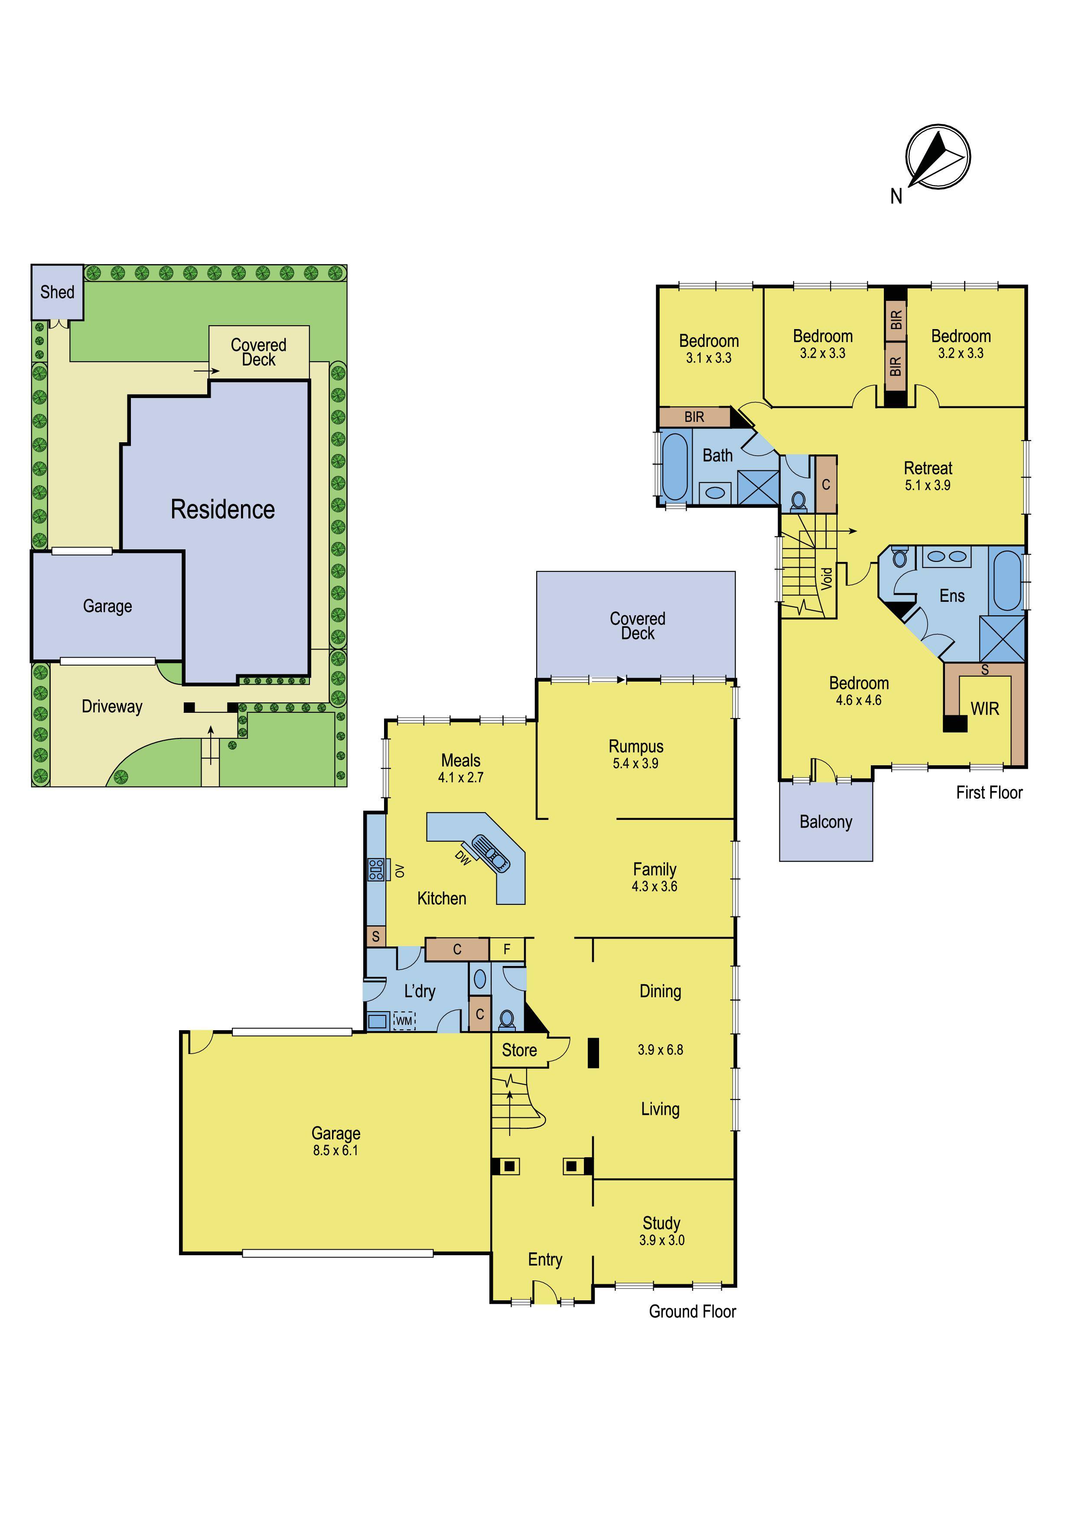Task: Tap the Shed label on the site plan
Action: pyautogui.click(x=58, y=292)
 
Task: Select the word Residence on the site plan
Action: pyautogui.click(x=222, y=509)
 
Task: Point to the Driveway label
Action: pyautogui.click(x=112, y=707)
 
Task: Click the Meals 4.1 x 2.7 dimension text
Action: pyautogui.click(x=461, y=778)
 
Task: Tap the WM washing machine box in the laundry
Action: pyautogui.click(x=404, y=1021)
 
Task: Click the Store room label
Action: pyautogui.click(x=519, y=1051)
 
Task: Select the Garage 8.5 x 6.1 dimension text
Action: pyautogui.click(x=336, y=1151)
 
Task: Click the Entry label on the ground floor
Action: pyautogui.click(x=545, y=1259)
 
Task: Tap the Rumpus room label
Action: pyautogui.click(x=636, y=747)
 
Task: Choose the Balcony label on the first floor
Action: pyautogui.click(x=826, y=822)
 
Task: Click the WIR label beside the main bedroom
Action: pyautogui.click(x=985, y=709)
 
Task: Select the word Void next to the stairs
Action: pyautogui.click(x=827, y=579)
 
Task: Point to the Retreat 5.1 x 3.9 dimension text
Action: pyautogui.click(x=928, y=486)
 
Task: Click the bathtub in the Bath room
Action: pyautogui.click(x=676, y=467)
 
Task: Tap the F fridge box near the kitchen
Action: pyautogui.click(x=507, y=949)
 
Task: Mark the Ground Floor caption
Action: pyautogui.click(x=692, y=1311)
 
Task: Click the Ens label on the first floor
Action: pyautogui.click(x=952, y=596)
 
